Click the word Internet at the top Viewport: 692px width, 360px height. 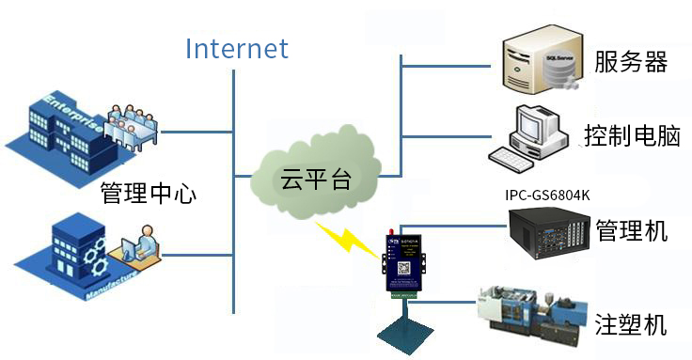(236, 48)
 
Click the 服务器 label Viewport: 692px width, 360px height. (631, 63)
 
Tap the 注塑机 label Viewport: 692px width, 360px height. (631, 324)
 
